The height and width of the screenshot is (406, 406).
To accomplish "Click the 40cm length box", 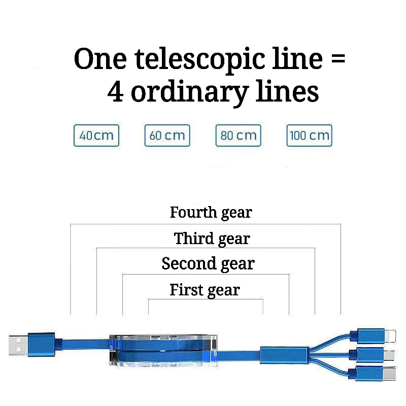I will pos(96,136).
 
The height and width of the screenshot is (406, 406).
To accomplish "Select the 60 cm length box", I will pos(167,136).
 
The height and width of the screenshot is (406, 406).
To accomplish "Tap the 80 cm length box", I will pos(238,136).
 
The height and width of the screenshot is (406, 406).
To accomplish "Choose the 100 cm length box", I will pos(309,136).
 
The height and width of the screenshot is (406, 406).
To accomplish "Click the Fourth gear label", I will pos(211,212).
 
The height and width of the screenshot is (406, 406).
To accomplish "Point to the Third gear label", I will pos(212,239).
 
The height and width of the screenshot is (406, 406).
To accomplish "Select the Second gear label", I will pos(208,264).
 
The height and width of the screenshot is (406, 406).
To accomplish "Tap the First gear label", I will pos(205,290).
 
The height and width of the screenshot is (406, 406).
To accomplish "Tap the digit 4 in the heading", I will pos(116,92).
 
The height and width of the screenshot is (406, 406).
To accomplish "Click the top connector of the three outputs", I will pos(375,335).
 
